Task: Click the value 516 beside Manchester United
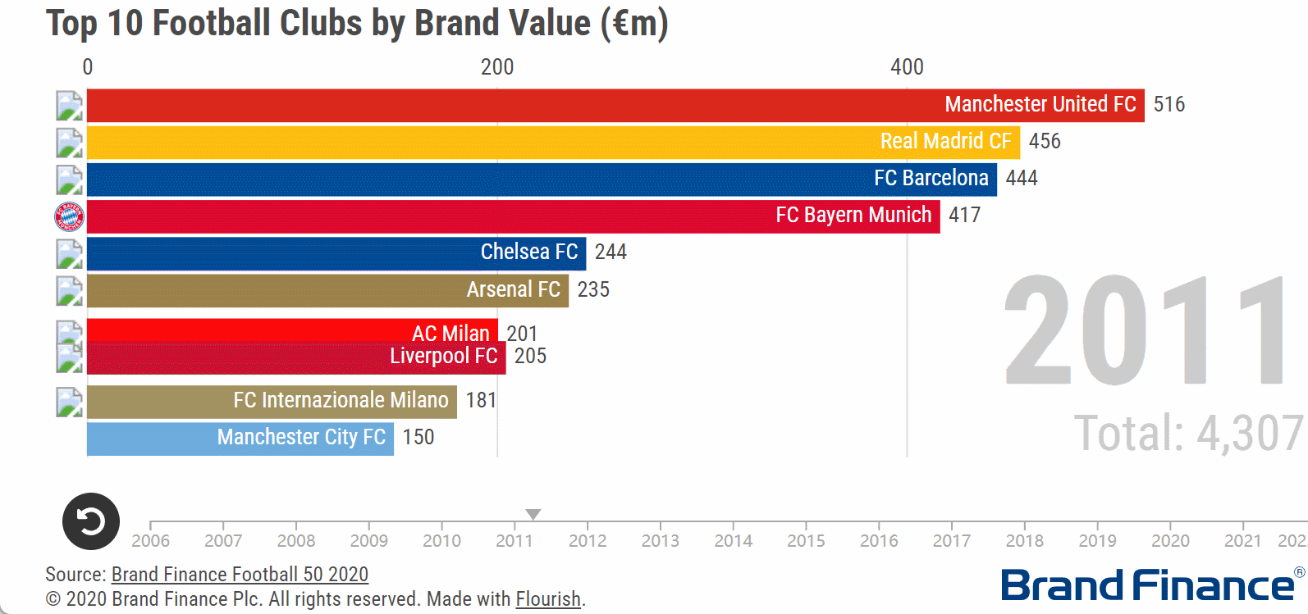[1169, 105]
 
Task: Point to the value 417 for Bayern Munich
[964, 216]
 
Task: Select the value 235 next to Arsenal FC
[592, 290]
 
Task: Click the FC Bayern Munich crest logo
[69, 216]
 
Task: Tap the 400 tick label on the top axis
[907, 67]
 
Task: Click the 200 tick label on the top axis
[497, 67]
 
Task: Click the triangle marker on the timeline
[533, 514]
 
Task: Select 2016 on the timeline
[879, 541]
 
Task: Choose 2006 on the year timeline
[151, 541]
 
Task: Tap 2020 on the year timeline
[1170, 541]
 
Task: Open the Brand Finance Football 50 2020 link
[240, 575]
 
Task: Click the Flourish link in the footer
[547, 599]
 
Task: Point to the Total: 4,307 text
[1187, 434]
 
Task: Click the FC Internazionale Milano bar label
[341, 401]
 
